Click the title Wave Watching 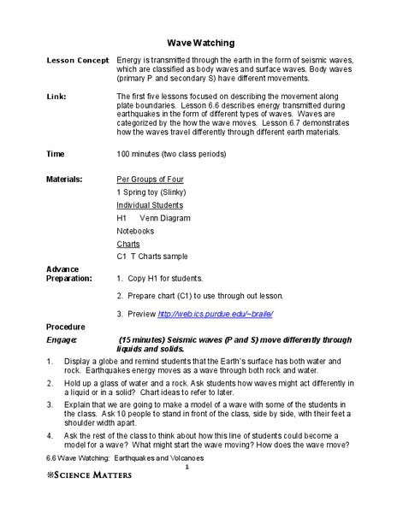pos(200,41)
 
